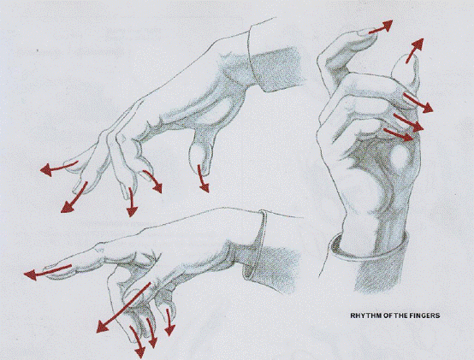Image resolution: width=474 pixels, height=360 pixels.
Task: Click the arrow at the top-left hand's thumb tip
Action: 203,178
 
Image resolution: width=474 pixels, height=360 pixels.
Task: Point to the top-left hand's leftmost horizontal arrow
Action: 59,168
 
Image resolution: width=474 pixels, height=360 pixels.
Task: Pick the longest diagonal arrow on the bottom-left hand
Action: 122,308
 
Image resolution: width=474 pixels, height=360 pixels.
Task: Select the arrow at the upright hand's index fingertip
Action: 380,27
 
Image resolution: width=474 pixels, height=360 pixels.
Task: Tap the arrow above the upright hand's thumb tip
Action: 414,50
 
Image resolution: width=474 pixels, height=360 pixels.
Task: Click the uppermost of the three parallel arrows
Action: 418,103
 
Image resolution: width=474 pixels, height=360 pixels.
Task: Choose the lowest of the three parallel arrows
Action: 399,134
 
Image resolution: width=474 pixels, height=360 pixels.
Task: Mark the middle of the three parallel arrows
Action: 408,122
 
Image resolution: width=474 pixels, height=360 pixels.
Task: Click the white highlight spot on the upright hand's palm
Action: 400,156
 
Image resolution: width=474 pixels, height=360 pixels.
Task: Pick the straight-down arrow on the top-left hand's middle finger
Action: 132,202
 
